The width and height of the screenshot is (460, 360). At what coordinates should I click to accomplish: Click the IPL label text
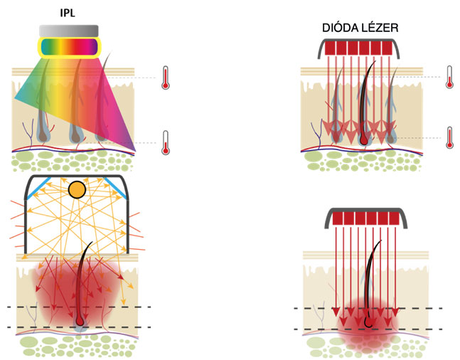pyautogui.click(x=69, y=12)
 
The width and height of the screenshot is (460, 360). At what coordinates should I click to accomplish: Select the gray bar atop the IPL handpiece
pyautogui.click(x=69, y=29)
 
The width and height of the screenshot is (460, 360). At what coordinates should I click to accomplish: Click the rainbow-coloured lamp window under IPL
pyautogui.click(x=69, y=47)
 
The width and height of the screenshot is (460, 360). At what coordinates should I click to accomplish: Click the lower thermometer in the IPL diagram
pyautogui.click(x=166, y=142)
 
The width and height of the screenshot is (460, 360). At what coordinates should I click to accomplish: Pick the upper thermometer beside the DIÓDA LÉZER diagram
pyautogui.click(x=449, y=76)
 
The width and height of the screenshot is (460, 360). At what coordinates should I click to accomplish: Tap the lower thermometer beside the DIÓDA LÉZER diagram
pyautogui.click(x=449, y=137)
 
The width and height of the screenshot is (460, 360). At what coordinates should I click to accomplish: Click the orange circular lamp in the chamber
pyautogui.click(x=76, y=190)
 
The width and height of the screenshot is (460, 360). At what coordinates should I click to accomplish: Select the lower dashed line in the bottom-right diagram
pyautogui.click(x=377, y=329)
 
